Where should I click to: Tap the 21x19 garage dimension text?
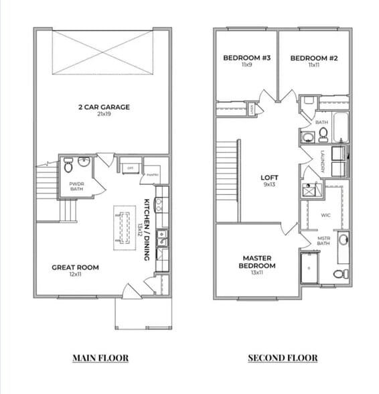[x=102, y=115]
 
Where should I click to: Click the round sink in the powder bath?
[x=84, y=162]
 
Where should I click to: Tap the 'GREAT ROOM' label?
[x=75, y=267]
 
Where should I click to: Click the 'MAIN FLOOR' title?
[x=100, y=358]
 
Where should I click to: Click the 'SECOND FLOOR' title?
[x=283, y=358]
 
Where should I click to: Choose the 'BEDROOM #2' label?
[x=313, y=58]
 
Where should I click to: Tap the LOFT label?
[x=269, y=178]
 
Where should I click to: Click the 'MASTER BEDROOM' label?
[x=256, y=261]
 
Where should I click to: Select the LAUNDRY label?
[x=323, y=161]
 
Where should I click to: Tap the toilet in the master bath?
[x=340, y=273]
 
